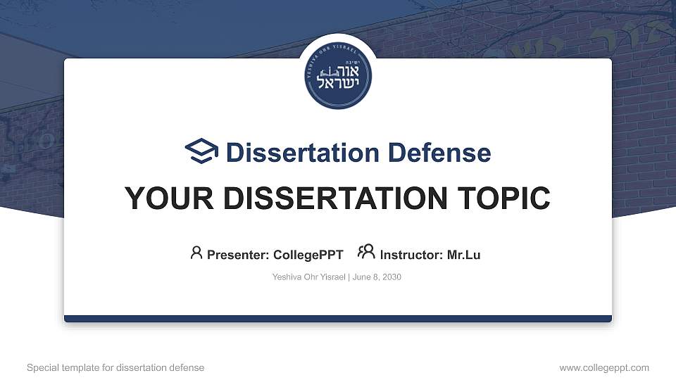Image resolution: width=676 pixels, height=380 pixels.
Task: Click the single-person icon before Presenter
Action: pyautogui.click(x=196, y=253)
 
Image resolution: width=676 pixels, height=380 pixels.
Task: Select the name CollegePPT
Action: pyautogui.click(x=308, y=255)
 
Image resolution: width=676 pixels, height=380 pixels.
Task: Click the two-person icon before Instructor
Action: pyautogui.click(x=366, y=252)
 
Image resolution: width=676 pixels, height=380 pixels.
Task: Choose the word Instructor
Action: pyautogui.click(x=410, y=255)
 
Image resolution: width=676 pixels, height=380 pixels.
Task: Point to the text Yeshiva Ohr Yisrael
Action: pyautogui.click(x=308, y=277)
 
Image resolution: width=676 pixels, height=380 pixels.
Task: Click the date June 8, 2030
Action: pyautogui.click(x=376, y=277)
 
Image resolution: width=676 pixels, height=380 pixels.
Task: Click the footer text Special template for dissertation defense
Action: pyautogui.click(x=115, y=367)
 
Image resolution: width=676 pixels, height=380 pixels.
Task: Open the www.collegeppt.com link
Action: pyautogui.click(x=604, y=367)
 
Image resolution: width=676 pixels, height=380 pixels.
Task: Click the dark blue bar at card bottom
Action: pyautogui.click(x=338, y=319)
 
